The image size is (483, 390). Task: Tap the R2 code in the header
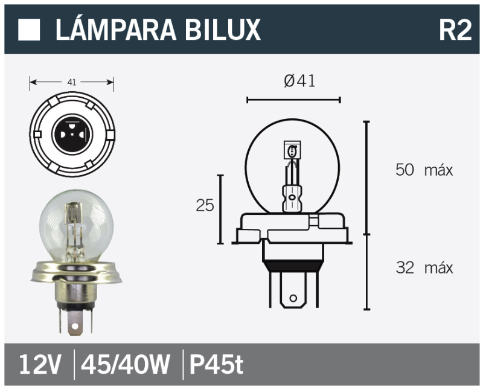click(x=454, y=30)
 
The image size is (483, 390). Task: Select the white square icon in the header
click(x=30, y=30)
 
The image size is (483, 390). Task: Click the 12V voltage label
click(x=40, y=365)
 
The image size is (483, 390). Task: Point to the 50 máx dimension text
click(x=423, y=170)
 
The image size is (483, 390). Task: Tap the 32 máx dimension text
click(x=423, y=267)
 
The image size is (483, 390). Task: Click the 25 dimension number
click(x=205, y=206)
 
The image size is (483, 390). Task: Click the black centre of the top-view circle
click(x=72, y=129)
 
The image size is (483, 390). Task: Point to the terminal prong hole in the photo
click(x=75, y=327)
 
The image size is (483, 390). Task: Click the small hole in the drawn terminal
click(x=293, y=298)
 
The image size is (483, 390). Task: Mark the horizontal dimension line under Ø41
click(x=294, y=99)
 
